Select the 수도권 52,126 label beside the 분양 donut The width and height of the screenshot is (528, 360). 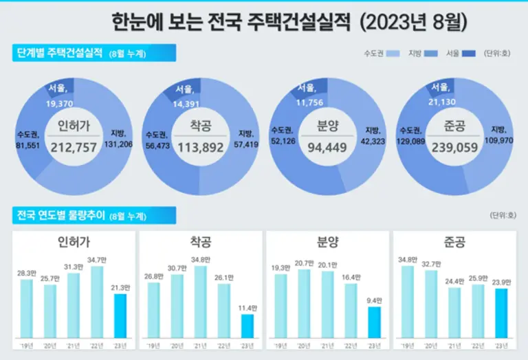point(284,136)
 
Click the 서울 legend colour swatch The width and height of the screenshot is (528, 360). point(470,53)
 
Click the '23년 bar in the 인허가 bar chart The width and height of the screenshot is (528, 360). point(120,315)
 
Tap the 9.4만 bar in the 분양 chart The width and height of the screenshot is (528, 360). point(373,322)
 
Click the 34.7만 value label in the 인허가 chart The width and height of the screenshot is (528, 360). point(97,260)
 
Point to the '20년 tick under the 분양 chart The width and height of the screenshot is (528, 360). point(304,345)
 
